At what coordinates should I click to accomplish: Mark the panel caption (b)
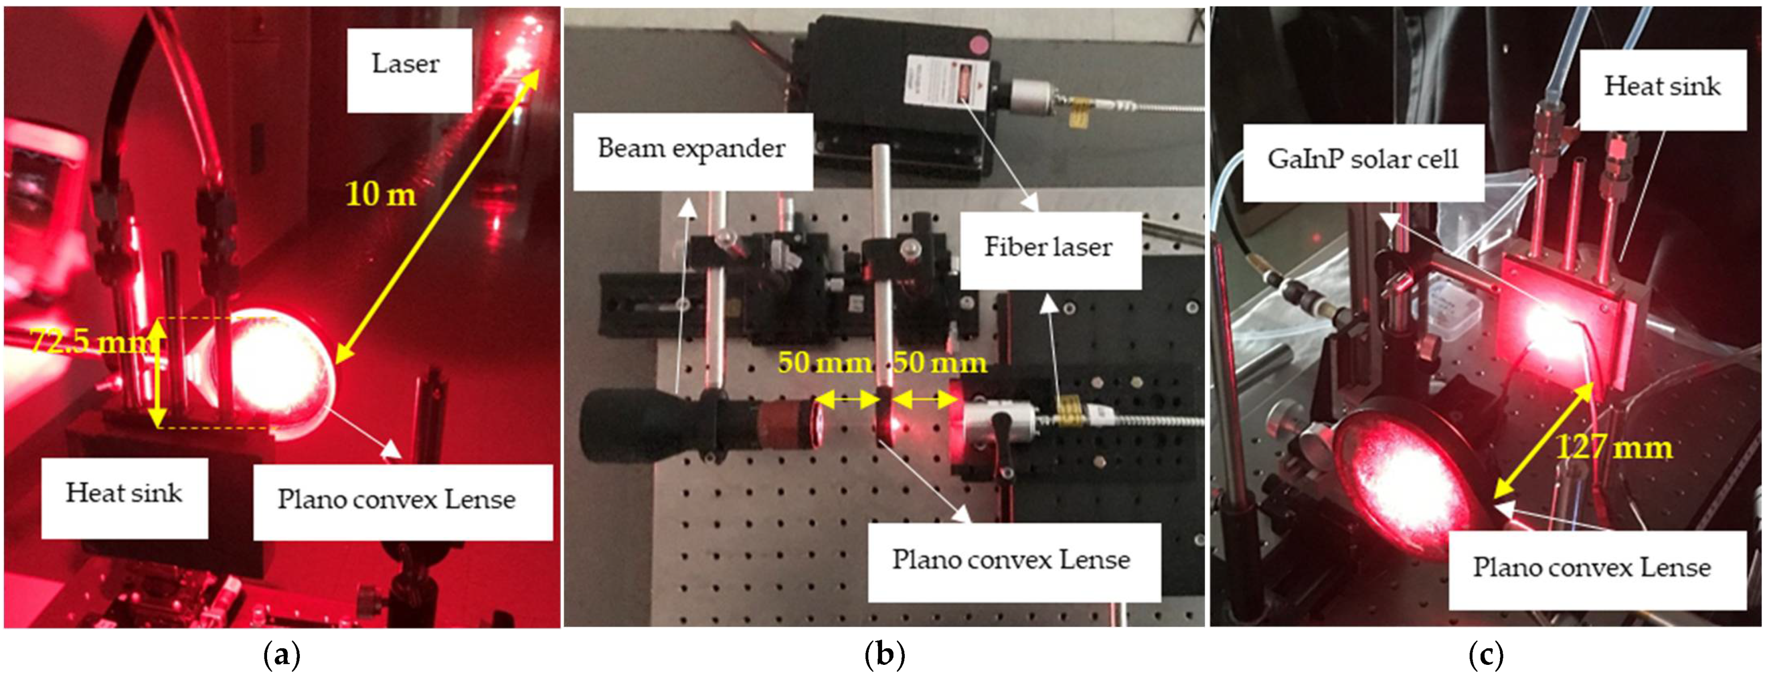tap(885, 656)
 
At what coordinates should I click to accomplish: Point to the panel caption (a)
tap(282, 656)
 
